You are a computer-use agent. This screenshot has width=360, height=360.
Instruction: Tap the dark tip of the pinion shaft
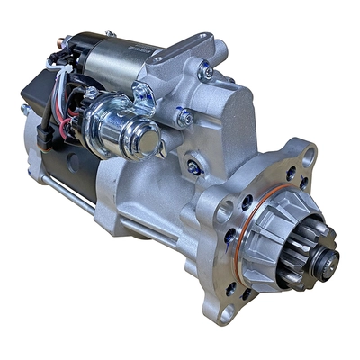[327, 264]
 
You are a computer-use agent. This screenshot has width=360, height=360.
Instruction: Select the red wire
[63, 121]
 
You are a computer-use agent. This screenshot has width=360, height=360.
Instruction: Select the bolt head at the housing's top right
[208, 71]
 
